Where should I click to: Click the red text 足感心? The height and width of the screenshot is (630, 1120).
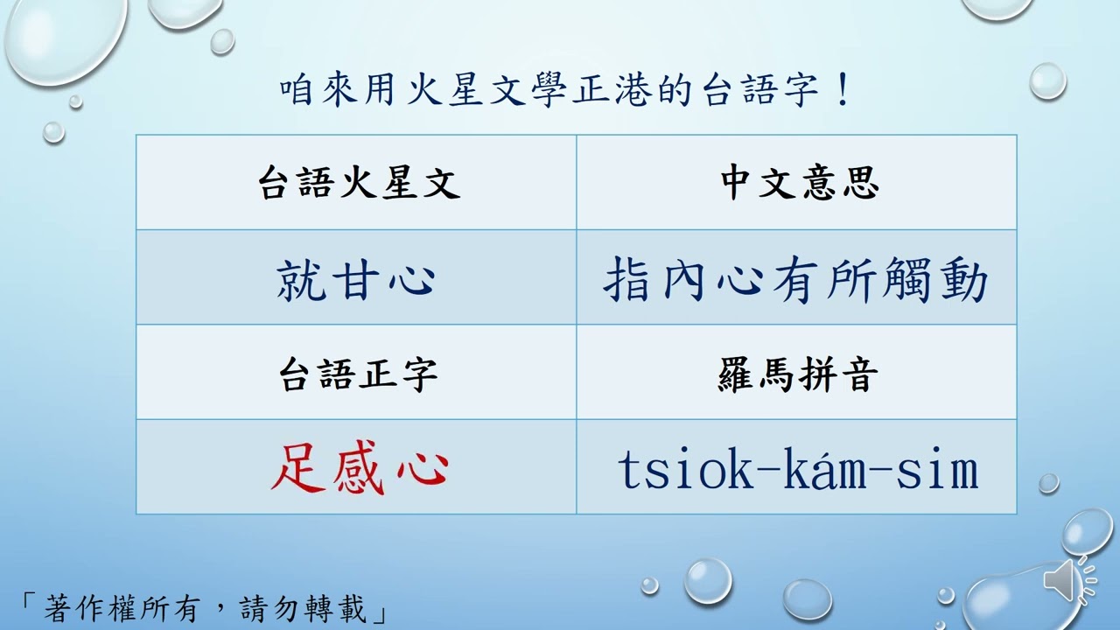point(359,469)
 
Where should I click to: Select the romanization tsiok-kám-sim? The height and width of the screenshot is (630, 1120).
point(797,470)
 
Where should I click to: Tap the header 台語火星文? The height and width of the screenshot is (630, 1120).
point(359,183)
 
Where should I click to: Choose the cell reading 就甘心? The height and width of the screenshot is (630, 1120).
point(356,281)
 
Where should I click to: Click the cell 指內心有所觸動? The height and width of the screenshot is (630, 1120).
point(795,281)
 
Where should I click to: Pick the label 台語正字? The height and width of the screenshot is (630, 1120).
point(359,374)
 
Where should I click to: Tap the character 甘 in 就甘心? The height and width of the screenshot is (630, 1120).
point(356,281)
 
